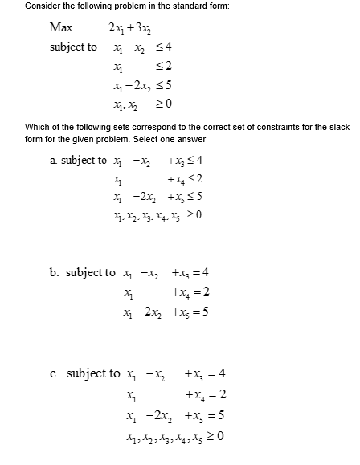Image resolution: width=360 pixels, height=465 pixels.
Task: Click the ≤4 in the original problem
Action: pyautogui.click(x=166, y=47)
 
